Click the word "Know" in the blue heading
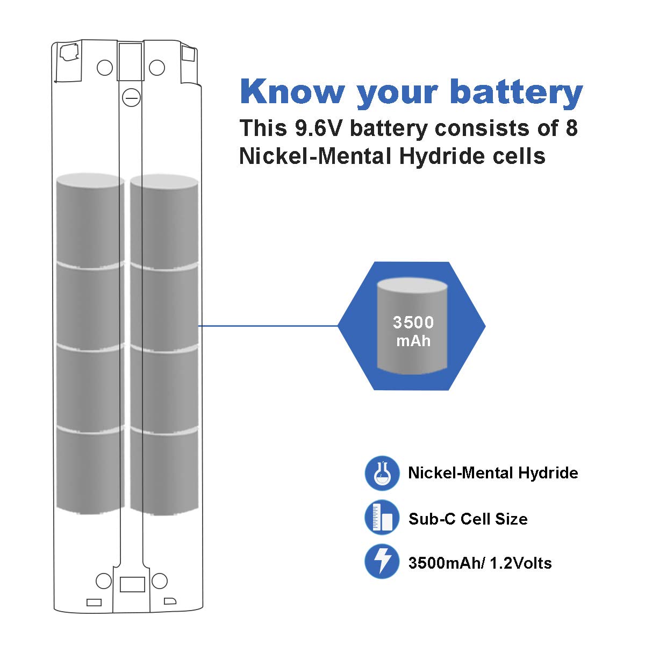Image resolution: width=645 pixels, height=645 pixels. tap(292, 91)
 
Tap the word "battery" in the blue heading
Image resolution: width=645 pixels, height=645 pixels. tap(517, 94)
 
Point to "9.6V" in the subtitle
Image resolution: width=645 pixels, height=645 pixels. tap(319, 128)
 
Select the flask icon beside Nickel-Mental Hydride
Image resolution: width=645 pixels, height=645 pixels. tap(382, 474)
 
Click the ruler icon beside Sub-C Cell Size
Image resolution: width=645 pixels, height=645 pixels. tap(382, 518)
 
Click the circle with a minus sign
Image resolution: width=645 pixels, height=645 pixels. tap(132, 98)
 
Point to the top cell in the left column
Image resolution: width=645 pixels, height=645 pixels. tap(90, 220)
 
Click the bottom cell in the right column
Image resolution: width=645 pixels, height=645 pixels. tap(164, 471)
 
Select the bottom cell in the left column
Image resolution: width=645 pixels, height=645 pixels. tap(90, 469)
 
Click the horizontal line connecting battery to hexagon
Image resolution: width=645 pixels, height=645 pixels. tap(268, 326)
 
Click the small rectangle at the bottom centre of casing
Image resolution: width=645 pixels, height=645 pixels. tap(132, 585)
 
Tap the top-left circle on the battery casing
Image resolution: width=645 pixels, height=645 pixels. tap(105, 68)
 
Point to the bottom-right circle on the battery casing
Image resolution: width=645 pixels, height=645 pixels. tap(160, 581)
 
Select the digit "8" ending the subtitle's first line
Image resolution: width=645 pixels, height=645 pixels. tap(572, 128)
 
